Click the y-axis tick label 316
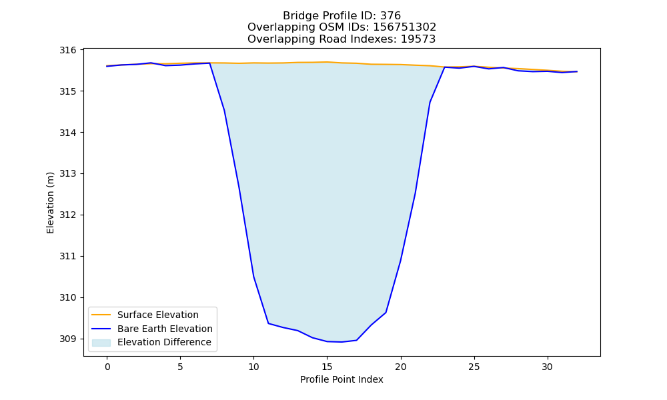click(x=67, y=50)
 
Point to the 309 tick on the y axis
click(x=67, y=339)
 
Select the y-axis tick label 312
click(x=67, y=215)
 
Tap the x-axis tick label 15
click(x=327, y=367)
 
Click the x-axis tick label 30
click(x=548, y=367)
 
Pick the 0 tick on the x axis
click(x=107, y=367)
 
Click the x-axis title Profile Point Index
click(x=342, y=379)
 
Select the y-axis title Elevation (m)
click(x=50, y=203)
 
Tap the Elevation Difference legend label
click(x=164, y=342)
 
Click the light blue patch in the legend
click(x=101, y=343)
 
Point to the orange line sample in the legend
click(x=101, y=315)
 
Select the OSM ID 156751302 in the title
click(x=405, y=27)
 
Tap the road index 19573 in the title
click(x=418, y=39)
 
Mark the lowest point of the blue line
click(x=342, y=342)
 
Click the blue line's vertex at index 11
click(x=268, y=323)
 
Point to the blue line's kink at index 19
click(x=386, y=313)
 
